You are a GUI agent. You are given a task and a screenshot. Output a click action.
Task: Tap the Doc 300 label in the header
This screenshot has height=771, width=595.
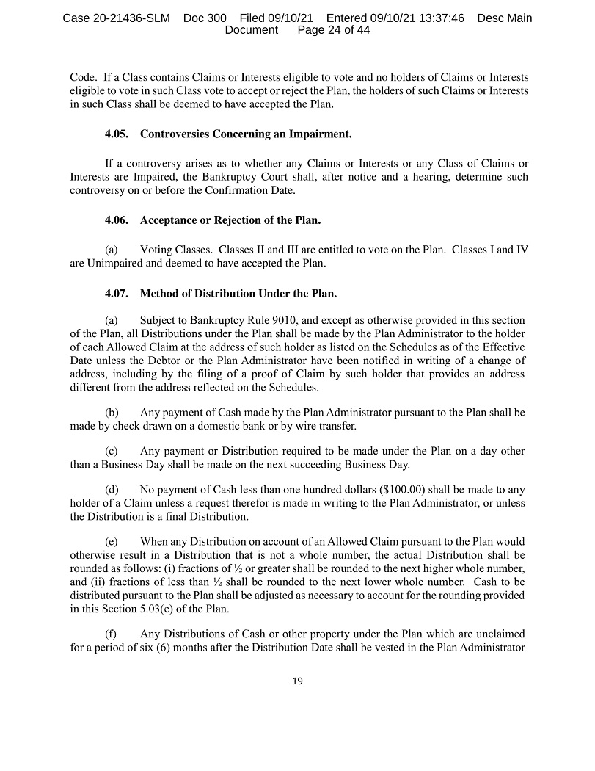206,18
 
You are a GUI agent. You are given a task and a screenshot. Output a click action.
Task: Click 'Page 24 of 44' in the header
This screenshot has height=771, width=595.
334,30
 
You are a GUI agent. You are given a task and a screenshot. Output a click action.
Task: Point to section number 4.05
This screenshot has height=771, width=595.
117,134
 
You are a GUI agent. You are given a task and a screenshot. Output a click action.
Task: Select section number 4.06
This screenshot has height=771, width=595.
117,220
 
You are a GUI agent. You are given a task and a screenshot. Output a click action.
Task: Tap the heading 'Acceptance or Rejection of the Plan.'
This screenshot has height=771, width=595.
230,220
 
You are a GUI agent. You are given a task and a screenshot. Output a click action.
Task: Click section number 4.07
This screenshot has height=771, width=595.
117,294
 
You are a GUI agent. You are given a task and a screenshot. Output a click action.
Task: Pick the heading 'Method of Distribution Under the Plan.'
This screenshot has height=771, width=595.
238,294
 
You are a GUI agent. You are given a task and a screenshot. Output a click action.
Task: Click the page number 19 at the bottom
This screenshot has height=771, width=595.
297,681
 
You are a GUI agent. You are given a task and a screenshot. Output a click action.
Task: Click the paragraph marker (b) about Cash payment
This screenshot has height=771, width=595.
112,413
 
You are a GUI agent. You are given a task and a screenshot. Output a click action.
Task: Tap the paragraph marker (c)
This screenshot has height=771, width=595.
112,451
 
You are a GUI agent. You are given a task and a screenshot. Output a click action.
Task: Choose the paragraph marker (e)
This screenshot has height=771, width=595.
112,542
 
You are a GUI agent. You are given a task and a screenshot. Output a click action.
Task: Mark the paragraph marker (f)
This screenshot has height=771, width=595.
112,634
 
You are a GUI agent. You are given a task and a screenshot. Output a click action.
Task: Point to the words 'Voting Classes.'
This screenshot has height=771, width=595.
175,250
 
